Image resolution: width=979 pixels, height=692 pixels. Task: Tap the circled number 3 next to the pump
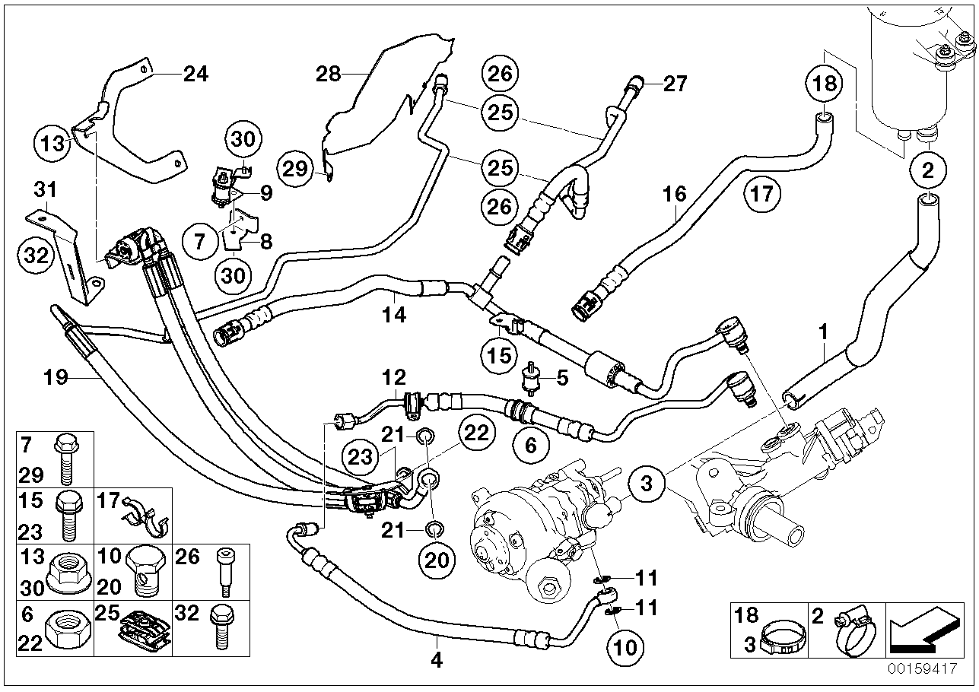647,482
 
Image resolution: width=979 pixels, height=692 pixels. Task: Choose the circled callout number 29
295,168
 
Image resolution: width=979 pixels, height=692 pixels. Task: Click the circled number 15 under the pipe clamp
499,356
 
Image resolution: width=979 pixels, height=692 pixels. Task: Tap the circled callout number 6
530,445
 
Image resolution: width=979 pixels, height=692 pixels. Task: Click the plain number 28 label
329,74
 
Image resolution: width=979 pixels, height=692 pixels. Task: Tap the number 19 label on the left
58,376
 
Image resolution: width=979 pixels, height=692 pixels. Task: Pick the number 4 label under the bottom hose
437,659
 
